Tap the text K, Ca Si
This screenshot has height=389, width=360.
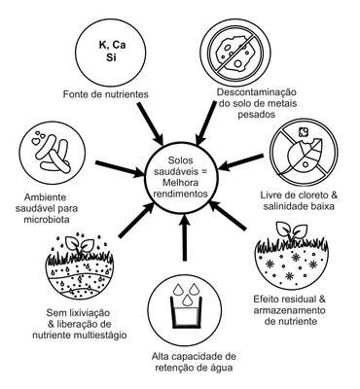pyautogui.click(x=111, y=51)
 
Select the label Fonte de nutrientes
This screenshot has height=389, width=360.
pyautogui.click(x=105, y=94)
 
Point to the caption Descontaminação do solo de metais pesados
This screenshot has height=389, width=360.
pyautogui.click(x=257, y=103)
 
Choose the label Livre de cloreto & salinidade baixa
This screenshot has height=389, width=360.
pyautogui.click(x=299, y=200)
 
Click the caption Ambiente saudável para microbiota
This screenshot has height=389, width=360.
pyautogui.click(x=47, y=208)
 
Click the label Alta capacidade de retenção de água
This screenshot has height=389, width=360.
pyautogui.click(x=194, y=362)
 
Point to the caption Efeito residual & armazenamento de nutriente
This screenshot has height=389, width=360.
pyautogui.click(x=289, y=310)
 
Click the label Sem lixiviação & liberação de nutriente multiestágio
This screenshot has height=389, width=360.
pyautogui.click(x=80, y=324)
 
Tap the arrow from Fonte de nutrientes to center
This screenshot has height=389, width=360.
pyautogui.click(x=151, y=124)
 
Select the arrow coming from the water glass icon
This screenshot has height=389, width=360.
pyautogui.click(x=185, y=237)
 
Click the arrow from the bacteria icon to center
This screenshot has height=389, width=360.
pyautogui.click(x=120, y=168)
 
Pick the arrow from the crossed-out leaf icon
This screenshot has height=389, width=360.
pyautogui.click(x=241, y=161)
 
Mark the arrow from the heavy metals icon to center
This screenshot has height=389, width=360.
pyautogui.click(x=206, y=123)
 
